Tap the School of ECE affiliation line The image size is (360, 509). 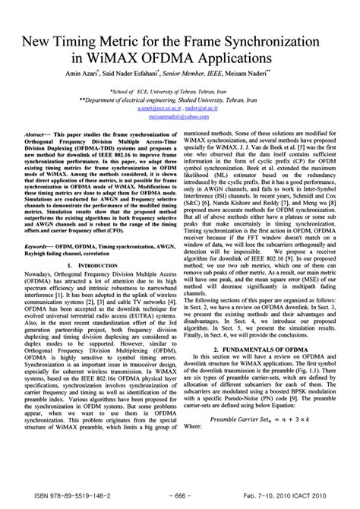click(x=180, y=90)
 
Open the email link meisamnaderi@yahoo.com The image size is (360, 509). click(x=180, y=116)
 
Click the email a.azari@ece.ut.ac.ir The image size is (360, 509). click(x=157, y=108)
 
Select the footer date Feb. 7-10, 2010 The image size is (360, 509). click(x=276, y=494)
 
